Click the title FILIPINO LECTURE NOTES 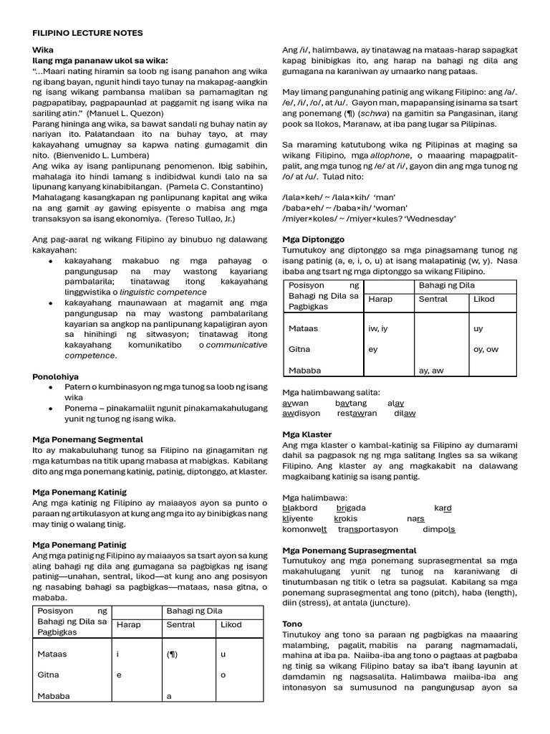pos(88,33)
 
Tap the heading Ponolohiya pos(56,376)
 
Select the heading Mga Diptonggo pos(313,239)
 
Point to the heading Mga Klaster pos(307,434)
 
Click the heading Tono pos(292,624)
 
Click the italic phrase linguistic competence pos(163,292)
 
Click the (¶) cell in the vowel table pos(173,654)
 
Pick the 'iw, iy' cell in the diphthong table pos(378,328)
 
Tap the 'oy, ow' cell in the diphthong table pos(486,349)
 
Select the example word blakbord pos(300,508)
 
